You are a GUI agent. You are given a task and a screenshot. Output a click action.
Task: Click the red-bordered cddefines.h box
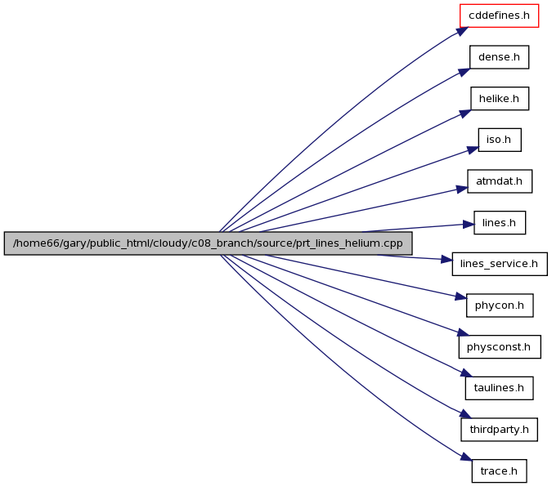[499, 16]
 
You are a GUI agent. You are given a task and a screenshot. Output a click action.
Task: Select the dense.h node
[499, 57]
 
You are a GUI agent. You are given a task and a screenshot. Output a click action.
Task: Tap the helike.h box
[500, 99]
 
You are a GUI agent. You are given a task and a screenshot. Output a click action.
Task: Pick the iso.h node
[500, 140]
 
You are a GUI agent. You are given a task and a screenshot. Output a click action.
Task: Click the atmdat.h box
[500, 181]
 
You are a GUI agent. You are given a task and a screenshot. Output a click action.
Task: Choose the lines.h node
[500, 223]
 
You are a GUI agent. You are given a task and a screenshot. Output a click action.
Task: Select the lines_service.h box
[500, 264]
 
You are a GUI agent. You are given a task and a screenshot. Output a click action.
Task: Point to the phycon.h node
[500, 305]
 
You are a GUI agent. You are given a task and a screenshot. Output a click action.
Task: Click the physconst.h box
[500, 347]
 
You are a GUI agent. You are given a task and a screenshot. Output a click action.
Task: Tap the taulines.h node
[499, 388]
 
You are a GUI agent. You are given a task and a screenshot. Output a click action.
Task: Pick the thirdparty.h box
[499, 430]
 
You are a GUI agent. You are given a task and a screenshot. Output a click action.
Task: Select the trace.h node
[499, 470]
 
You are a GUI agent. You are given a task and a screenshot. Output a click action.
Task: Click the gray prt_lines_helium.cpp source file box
[208, 243]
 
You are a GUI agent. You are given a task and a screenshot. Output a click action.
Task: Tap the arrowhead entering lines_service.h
[447, 260]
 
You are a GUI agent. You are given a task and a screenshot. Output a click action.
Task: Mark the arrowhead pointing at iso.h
[473, 149]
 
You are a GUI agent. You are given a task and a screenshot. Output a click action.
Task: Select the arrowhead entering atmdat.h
[462, 189]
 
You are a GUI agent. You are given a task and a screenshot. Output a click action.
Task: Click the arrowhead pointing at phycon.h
[461, 297]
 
